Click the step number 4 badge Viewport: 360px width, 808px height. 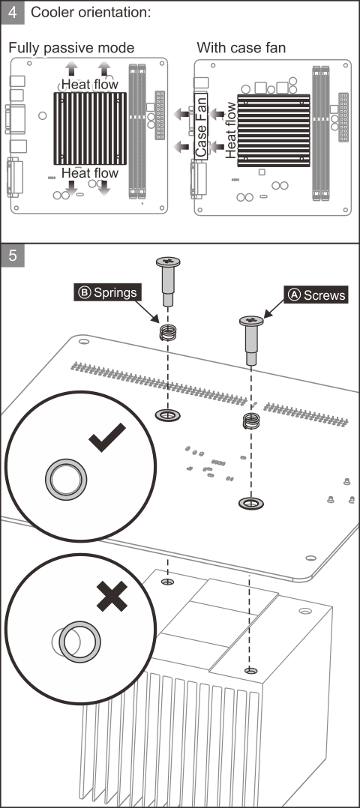pyautogui.click(x=13, y=12)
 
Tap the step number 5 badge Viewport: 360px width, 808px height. pyautogui.click(x=13, y=256)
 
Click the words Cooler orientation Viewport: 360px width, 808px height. pyautogui.click(x=90, y=12)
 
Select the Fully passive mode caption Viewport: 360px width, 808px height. pyautogui.click(x=71, y=48)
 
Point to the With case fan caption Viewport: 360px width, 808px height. pyautogui.click(x=241, y=48)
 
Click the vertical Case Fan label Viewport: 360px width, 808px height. pyautogui.click(x=201, y=126)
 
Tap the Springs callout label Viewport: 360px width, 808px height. pyautogui.click(x=107, y=292)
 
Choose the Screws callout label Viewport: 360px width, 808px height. pyautogui.click(x=316, y=295)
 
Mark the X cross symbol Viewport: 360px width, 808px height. pyautogui.click(x=112, y=596)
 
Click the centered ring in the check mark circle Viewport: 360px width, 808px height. pyautogui.click(x=66, y=479)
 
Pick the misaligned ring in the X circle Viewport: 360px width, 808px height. pyautogui.click(x=79, y=642)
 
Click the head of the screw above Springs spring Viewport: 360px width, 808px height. pyautogui.click(x=168, y=262)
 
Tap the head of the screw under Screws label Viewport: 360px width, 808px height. pyautogui.click(x=251, y=321)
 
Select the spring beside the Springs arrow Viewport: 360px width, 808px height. pyautogui.click(x=167, y=333)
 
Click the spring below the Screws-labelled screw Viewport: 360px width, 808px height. pyautogui.click(x=251, y=421)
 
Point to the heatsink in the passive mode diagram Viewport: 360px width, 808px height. pyautogui.click(x=90, y=129)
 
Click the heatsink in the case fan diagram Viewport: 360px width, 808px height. pyautogui.click(x=273, y=130)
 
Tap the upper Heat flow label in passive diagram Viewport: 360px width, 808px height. pyautogui.click(x=90, y=84)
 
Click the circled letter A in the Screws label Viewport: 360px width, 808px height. pyautogui.click(x=294, y=295)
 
